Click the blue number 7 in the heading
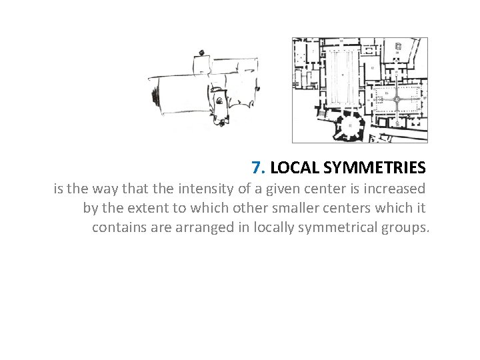[x=257, y=167]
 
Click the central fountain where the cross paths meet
[x=396, y=99]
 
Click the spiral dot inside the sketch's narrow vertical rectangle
[x=219, y=101]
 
